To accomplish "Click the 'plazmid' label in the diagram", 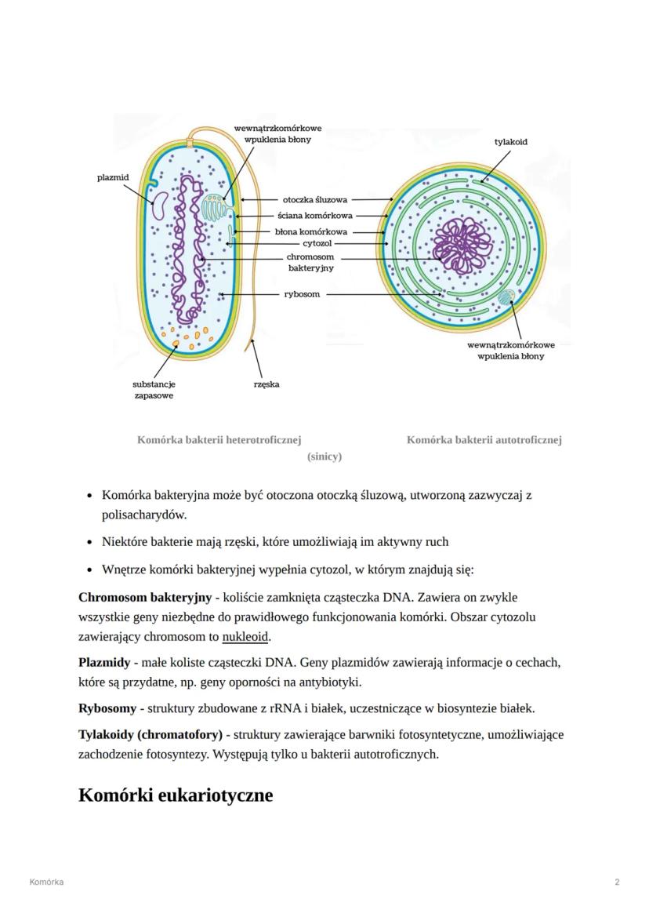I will (x=113, y=178).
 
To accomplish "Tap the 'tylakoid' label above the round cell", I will (x=510, y=142).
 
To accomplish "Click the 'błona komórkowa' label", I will (x=310, y=232).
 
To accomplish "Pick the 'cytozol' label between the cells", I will (x=317, y=244).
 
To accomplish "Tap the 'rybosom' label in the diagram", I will (x=302, y=295).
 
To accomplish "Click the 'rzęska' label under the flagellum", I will (x=266, y=384).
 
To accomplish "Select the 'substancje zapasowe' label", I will (x=154, y=390).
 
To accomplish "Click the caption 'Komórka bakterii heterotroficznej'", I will (x=219, y=440).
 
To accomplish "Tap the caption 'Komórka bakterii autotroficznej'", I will (x=484, y=440).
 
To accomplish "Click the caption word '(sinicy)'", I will (x=324, y=457).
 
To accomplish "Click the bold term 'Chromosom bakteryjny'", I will (x=145, y=598).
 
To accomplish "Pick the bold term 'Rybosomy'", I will (x=107, y=708).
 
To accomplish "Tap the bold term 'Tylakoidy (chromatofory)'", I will (x=150, y=735).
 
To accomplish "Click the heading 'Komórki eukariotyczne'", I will (x=176, y=795).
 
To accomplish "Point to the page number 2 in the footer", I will (x=617, y=882).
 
